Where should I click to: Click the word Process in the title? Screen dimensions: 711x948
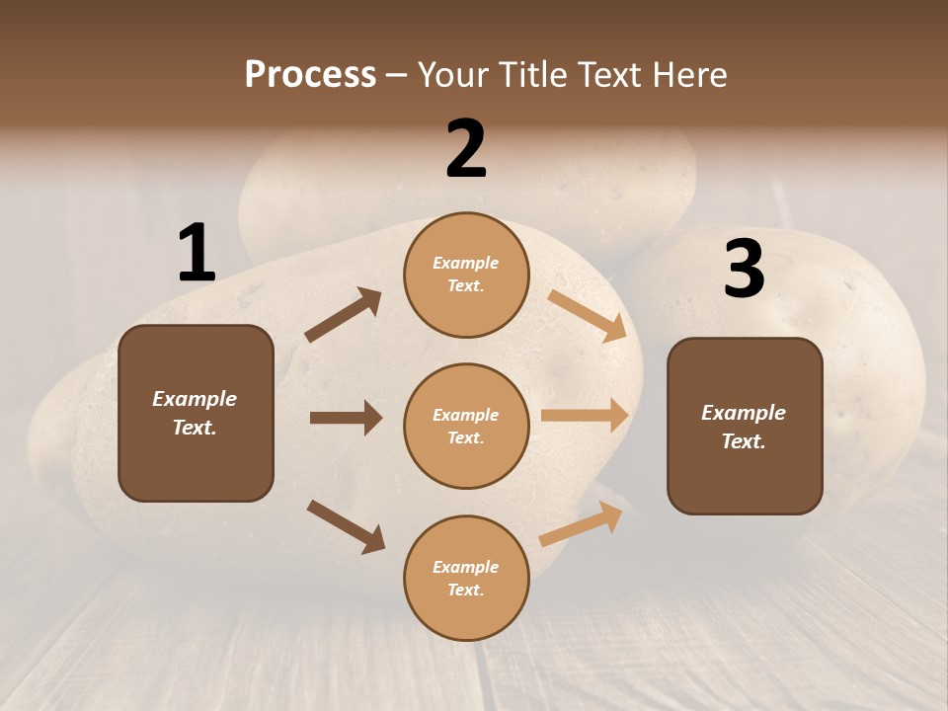point(310,74)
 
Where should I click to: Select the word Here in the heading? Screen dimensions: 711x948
point(687,74)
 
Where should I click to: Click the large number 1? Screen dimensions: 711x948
point(197,254)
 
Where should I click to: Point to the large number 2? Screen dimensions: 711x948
point(466,149)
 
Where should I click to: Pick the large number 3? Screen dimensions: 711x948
point(744,269)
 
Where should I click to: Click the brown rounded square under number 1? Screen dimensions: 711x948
point(196,413)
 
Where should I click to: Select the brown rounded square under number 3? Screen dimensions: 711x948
point(745,426)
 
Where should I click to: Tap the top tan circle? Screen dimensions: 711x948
point(466,275)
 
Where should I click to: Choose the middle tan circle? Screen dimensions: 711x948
point(466,426)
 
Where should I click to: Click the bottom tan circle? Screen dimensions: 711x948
point(466,578)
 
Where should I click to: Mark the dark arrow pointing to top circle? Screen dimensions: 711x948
point(344,315)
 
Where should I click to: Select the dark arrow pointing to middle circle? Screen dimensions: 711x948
point(346,418)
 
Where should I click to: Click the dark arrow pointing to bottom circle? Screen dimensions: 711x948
point(346,526)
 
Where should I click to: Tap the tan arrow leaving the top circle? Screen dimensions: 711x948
point(587,315)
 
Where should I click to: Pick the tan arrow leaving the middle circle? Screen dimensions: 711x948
point(585,416)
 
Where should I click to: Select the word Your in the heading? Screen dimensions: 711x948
point(453,74)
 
